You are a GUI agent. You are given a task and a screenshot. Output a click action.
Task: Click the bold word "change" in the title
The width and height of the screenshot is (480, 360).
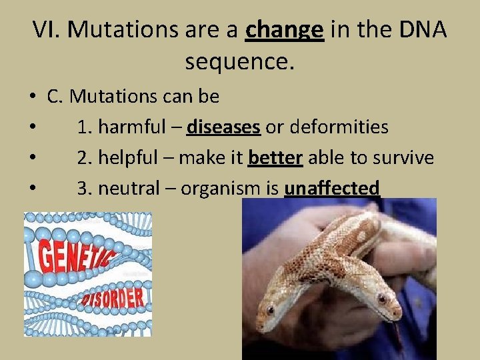pos(285,30)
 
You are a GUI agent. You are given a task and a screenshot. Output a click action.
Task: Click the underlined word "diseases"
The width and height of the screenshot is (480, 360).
pos(223,127)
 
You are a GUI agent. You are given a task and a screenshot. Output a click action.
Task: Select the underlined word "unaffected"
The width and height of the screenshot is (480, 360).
pos(331,189)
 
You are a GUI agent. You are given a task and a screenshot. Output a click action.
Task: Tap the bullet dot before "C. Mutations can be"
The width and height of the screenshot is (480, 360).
pos(32,97)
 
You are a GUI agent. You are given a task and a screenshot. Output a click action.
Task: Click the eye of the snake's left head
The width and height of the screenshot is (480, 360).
pos(270,310)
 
